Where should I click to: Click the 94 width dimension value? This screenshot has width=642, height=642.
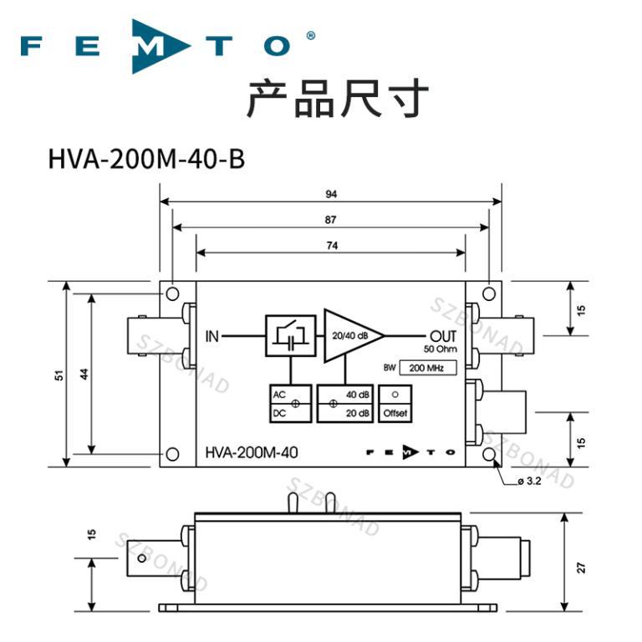(x=331, y=194)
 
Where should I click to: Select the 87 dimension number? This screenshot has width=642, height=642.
(x=331, y=220)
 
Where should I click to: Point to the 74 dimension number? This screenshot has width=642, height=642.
(x=332, y=246)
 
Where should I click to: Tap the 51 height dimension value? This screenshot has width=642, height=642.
(x=59, y=375)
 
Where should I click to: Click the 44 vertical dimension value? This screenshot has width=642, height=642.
(x=84, y=374)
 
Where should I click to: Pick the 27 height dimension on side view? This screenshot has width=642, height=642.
(x=582, y=568)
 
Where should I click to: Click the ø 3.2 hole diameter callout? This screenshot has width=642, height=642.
(x=529, y=481)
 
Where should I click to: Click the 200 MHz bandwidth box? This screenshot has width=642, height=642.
(x=428, y=368)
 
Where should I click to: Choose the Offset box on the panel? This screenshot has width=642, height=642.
(x=395, y=404)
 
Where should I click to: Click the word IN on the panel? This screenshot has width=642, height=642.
(x=212, y=337)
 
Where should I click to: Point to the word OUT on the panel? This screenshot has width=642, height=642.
(x=443, y=337)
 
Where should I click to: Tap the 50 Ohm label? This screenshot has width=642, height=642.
(x=441, y=349)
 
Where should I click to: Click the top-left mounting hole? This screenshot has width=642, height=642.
(x=172, y=293)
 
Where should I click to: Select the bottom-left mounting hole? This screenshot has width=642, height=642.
(x=172, y=454)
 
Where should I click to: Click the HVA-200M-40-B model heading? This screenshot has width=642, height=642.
(x=146, y=160)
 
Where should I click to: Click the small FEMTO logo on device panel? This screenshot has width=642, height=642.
(x=410, y=452)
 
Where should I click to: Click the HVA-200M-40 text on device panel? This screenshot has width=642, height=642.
(x=252, y=453)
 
